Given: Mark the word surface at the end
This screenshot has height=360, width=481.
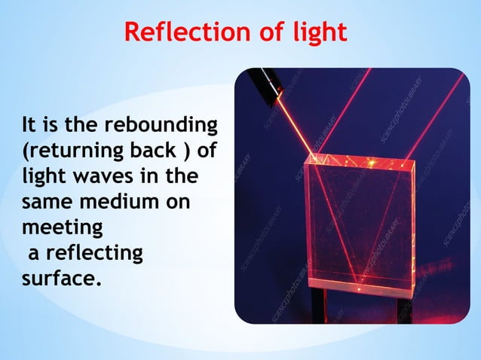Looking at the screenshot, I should (58, 279).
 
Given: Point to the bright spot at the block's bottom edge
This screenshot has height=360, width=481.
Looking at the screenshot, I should (360, 287).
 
